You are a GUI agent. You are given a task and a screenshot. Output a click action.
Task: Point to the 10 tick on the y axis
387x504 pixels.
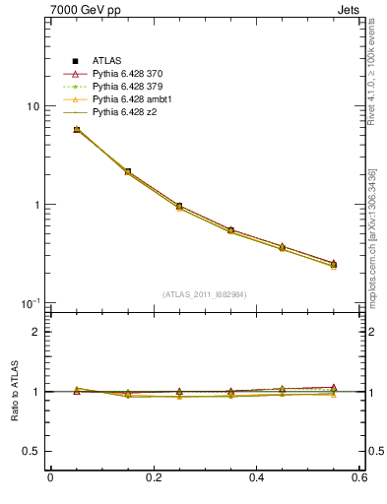click(32, 106)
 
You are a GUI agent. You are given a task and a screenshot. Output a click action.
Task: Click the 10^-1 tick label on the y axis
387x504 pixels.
click(30, 302)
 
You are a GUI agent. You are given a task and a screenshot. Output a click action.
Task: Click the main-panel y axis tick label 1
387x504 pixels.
click(35, 205)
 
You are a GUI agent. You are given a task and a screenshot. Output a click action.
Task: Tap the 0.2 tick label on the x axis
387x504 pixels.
click(153, 478)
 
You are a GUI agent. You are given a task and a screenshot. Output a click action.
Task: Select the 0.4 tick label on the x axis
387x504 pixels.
click(256, 478)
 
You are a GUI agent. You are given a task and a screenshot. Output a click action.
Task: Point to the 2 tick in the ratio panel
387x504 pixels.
click(36, 332)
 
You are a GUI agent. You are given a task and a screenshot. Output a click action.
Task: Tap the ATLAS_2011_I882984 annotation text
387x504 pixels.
click(205, 294)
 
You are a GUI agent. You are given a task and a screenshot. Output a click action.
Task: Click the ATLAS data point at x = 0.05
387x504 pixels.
click(77, 129)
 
